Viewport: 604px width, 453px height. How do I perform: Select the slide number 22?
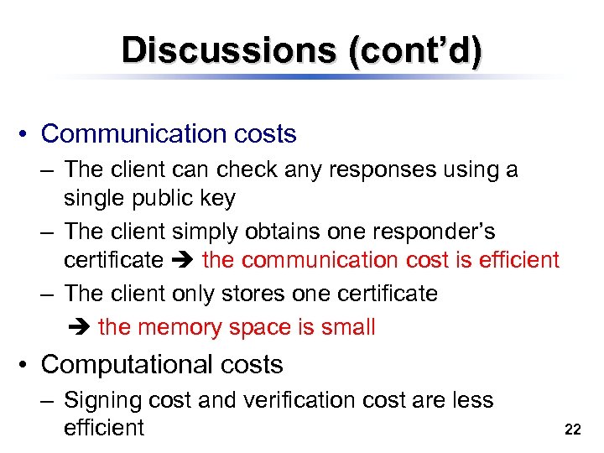click(573, 430)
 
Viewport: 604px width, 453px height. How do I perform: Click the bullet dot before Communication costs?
click(27, 135)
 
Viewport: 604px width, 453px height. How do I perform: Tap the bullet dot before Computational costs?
click(27, 366)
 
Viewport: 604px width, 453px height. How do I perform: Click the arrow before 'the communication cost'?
click(182, 261)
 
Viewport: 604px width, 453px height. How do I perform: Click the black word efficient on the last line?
click(104, 428)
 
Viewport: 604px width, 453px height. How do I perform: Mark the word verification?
click(303, 400)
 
